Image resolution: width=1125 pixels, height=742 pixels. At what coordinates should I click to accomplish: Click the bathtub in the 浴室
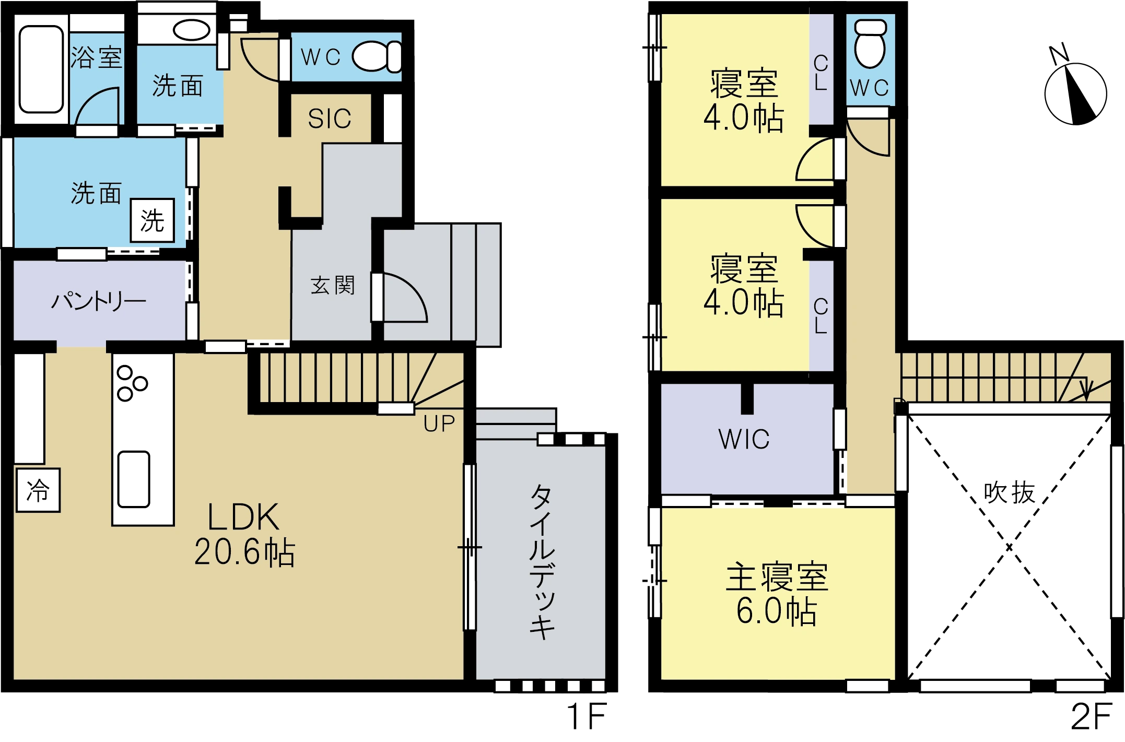click(x=41, y=69)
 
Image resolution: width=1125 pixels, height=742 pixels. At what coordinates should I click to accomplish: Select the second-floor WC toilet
click(x=870, y=43)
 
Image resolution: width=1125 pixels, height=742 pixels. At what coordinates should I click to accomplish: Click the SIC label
click(x=330, y=119)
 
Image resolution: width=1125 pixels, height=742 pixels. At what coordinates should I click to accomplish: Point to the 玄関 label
click(x=333, y=286)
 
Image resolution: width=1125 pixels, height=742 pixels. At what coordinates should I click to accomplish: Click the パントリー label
click(x=98, y=301)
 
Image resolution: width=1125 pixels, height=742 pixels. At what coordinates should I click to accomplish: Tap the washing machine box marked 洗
click(x=153, y=220)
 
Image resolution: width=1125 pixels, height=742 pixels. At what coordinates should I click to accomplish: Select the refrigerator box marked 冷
click(x=38, y=490)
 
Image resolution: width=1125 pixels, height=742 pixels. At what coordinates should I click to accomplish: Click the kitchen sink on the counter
click(x=134, y=479)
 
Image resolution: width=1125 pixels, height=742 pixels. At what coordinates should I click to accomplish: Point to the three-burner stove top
click(x=132, y=383)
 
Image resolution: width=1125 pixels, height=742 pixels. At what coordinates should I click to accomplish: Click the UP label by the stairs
click(x=439, y=424)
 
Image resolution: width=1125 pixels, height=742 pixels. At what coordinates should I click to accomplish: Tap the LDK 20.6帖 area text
click(x=244, y=534)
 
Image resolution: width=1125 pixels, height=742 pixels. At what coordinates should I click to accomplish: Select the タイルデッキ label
click(x=542, y=562)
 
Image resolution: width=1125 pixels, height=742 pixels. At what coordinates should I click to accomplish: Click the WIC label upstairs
click(x=744, y=439)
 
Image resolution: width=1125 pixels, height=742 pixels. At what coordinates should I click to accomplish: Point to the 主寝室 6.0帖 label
click(x=777, y=594)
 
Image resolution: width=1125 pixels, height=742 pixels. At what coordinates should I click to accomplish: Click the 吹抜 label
click(x=1009, y=492)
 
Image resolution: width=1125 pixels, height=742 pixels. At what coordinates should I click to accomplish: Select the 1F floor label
click(x=587, y=716)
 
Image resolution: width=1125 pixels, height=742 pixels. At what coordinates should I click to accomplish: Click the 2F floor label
click(x=1091, y=716)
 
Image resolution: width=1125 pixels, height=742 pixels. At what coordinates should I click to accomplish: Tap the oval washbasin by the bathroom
click(x=192, y=30)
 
